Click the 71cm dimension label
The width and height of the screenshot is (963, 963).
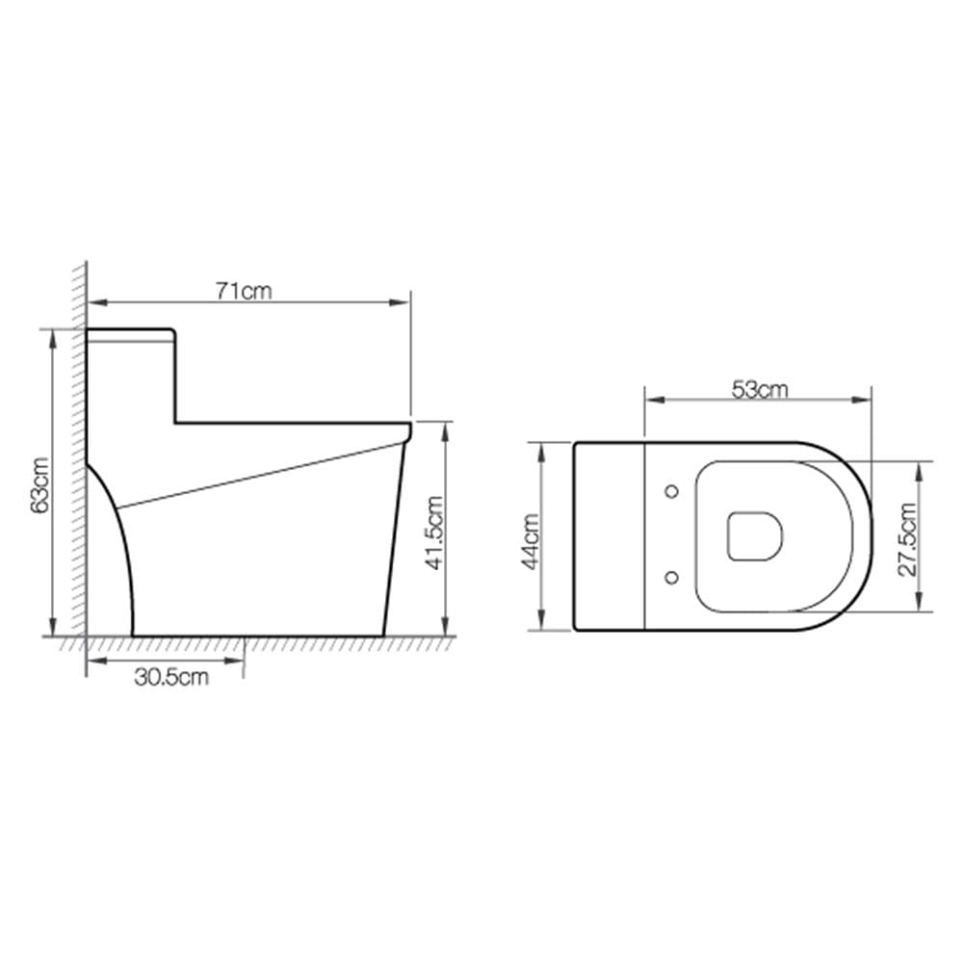(x=244, y=291)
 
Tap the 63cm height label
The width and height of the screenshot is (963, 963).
(x=40, y=484)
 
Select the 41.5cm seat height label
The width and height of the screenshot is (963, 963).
(x=435, y=534)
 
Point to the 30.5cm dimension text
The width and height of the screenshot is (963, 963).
(x=171, y=677)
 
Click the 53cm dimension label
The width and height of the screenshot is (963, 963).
(x=759, y=389)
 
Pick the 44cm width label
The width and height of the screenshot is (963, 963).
(x=531, y=541)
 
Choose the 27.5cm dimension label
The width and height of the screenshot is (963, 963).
(x=907, y=539)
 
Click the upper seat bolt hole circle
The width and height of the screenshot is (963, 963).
(x=672, y=491)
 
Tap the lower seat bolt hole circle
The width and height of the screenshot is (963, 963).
(x=672, y=577)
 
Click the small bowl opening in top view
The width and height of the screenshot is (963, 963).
(x=755, y=535)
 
